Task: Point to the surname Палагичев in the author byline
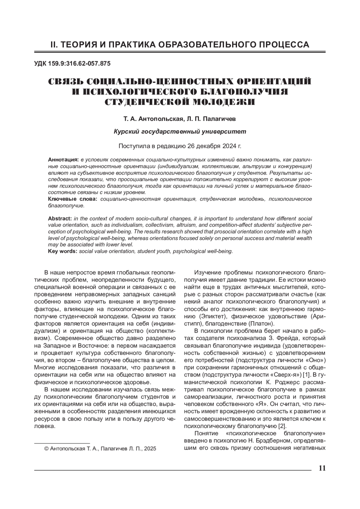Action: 220,119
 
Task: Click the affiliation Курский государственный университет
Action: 180,131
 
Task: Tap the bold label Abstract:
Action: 60,218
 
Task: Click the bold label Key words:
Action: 63,251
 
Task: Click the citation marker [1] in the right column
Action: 306,374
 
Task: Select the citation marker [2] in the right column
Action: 282,426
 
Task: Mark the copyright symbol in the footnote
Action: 46,449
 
